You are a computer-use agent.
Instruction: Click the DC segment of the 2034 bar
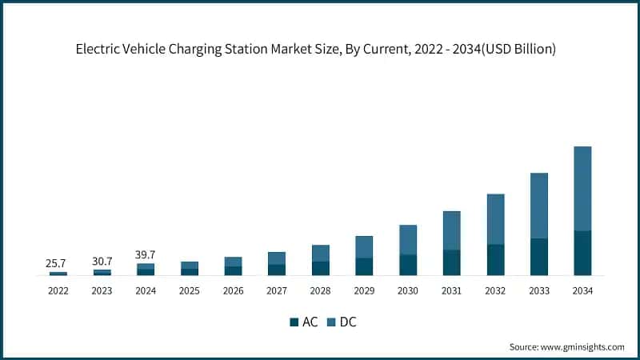tap(582, 188)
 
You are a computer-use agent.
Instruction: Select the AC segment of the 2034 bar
tap(582, 253)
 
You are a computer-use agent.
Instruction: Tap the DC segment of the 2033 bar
tap(538, 206)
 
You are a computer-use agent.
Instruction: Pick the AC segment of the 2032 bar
tap(495, 260)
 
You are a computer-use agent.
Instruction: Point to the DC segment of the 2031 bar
tap(451, 230)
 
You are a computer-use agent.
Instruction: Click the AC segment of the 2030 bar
tap(408, 265)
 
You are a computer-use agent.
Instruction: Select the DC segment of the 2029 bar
tap(364, 246)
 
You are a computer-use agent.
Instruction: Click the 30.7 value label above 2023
tap(102, 261)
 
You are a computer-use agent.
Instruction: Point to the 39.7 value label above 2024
tap(146, 254)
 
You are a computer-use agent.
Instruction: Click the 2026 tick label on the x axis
tap(233, 291)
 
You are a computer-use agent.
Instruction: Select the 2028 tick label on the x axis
tap(320, 291)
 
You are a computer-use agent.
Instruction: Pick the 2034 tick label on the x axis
tap(582, 291)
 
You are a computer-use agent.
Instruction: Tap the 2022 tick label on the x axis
tap(58, 291)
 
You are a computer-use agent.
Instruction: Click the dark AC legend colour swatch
tap(293, 322)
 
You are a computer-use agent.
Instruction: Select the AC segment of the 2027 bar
tap(277, 270)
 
